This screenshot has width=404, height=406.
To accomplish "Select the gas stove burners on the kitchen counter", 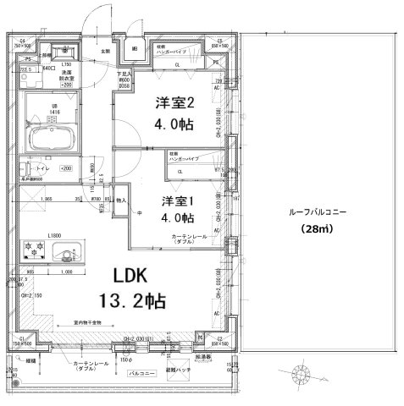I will coord(36,251).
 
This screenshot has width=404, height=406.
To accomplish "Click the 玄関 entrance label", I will coord(107,51).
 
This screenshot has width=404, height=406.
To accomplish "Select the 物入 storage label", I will coord(120,200).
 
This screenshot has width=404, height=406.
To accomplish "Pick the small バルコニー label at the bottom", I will coord(140,371).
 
